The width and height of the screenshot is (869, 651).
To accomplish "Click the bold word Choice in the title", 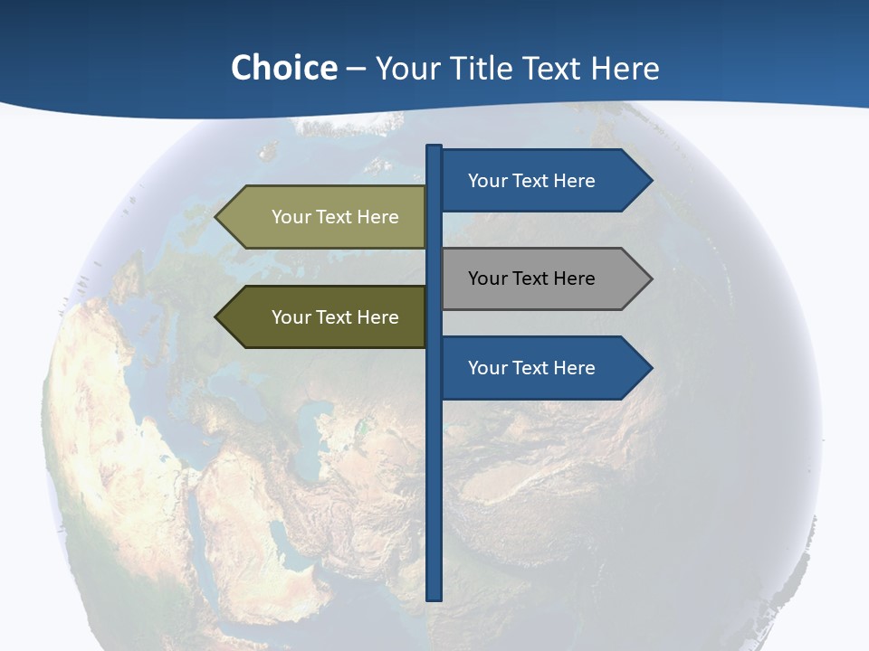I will point(283,69).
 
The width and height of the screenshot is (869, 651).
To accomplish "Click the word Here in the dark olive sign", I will point(377,317).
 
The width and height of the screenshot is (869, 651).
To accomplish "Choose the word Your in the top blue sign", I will point(487,181).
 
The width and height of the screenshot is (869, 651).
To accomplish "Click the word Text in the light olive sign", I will point(335,217).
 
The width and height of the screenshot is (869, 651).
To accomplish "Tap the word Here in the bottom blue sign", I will point(574,368).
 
